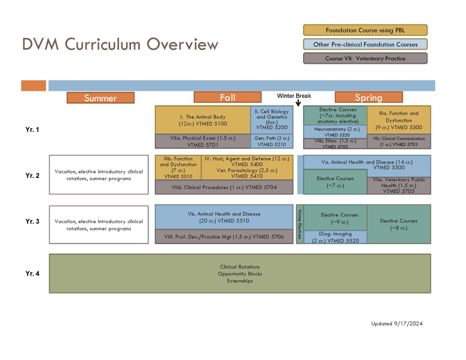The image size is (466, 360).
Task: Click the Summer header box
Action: (100, 98)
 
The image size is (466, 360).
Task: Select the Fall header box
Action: (227, 97)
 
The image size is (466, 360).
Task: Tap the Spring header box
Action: (368, 97)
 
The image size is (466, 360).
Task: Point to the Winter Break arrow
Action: (298, 103)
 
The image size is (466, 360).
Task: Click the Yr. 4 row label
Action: (32, 274)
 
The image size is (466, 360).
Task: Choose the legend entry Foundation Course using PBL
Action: (365, 30)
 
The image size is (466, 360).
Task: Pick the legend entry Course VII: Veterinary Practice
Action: (365, 58)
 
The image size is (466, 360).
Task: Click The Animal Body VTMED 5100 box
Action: (202, 120)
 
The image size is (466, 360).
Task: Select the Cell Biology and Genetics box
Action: (272, 119)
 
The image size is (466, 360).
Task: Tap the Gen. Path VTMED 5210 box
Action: (272, 141)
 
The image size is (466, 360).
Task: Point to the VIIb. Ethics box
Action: (335, 144)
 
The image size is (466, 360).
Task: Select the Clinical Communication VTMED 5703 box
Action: (399, 141)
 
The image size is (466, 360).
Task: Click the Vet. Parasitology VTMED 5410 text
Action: (247, 173)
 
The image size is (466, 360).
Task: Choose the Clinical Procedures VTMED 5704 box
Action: (224, 187)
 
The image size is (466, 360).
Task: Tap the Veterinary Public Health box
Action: (399, 186)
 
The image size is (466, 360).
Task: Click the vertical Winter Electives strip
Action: (299, 224)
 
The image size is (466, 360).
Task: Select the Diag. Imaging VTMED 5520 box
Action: (335, 237)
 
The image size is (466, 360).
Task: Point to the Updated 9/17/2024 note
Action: (397, 323)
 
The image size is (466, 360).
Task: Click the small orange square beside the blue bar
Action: (33, 86)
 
